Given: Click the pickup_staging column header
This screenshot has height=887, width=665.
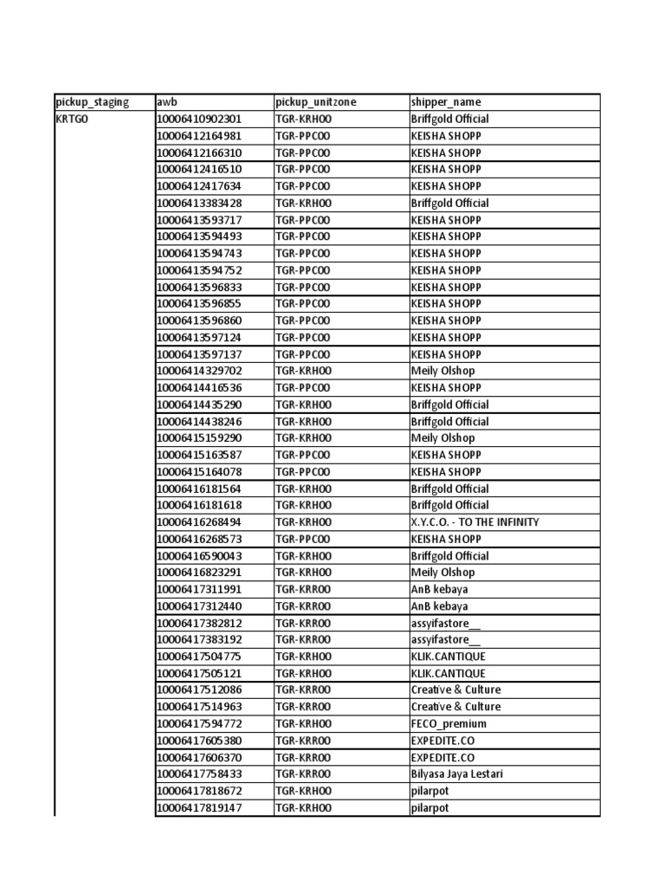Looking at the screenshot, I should tap(92, 102).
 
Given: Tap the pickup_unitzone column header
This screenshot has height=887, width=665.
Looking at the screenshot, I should tap(315, 102).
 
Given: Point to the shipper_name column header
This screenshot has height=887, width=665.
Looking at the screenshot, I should tap(446, 102).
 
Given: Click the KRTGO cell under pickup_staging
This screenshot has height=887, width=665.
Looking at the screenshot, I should tap(72, 119).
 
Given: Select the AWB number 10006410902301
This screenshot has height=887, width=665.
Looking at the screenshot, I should tap(199, 119).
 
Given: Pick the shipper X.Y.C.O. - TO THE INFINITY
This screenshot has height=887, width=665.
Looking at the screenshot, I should tap(475, 522).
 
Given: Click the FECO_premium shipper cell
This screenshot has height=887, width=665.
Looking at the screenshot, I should tap(449, 724).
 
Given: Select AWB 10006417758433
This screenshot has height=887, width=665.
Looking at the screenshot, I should tap(199, 774).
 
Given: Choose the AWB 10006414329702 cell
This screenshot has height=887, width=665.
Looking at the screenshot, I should tap(199, 371).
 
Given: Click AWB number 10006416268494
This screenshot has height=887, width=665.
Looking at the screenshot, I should tap(199, 522).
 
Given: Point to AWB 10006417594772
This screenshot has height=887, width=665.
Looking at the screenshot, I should tap(199, 724).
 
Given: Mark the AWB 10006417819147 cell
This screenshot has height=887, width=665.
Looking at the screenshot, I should tap(199, 808).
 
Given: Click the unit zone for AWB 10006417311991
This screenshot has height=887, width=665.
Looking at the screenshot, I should tap(303, 589).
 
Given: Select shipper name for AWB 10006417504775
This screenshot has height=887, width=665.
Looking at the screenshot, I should tap(448, 657).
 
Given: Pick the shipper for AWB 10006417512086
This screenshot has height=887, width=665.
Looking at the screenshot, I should tap(455, 690).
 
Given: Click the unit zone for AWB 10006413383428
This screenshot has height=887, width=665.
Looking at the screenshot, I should tap(303, 203).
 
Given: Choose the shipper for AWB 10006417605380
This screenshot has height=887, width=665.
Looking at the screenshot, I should tap(442, 741).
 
